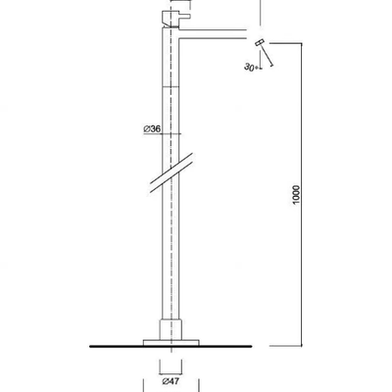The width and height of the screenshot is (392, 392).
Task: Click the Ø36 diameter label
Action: (x=152, y=129)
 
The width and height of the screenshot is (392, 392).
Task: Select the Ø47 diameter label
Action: (x=171, y=381)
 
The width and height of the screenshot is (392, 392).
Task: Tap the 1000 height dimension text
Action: (x=296, y=195)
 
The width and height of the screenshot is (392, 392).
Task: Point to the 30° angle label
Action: (x=251, y=67)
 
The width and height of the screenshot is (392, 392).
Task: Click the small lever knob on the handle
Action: (x=184, y=16)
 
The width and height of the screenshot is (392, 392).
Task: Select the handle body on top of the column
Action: (x=171, y=19)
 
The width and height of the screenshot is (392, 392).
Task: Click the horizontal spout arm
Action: (x=213, y=34)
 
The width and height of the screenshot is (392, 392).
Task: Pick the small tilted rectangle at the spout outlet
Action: (x=260, y=43)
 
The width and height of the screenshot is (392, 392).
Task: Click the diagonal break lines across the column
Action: (x=171, y=172)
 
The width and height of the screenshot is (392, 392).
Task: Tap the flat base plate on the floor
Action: (x=171, y=342)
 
